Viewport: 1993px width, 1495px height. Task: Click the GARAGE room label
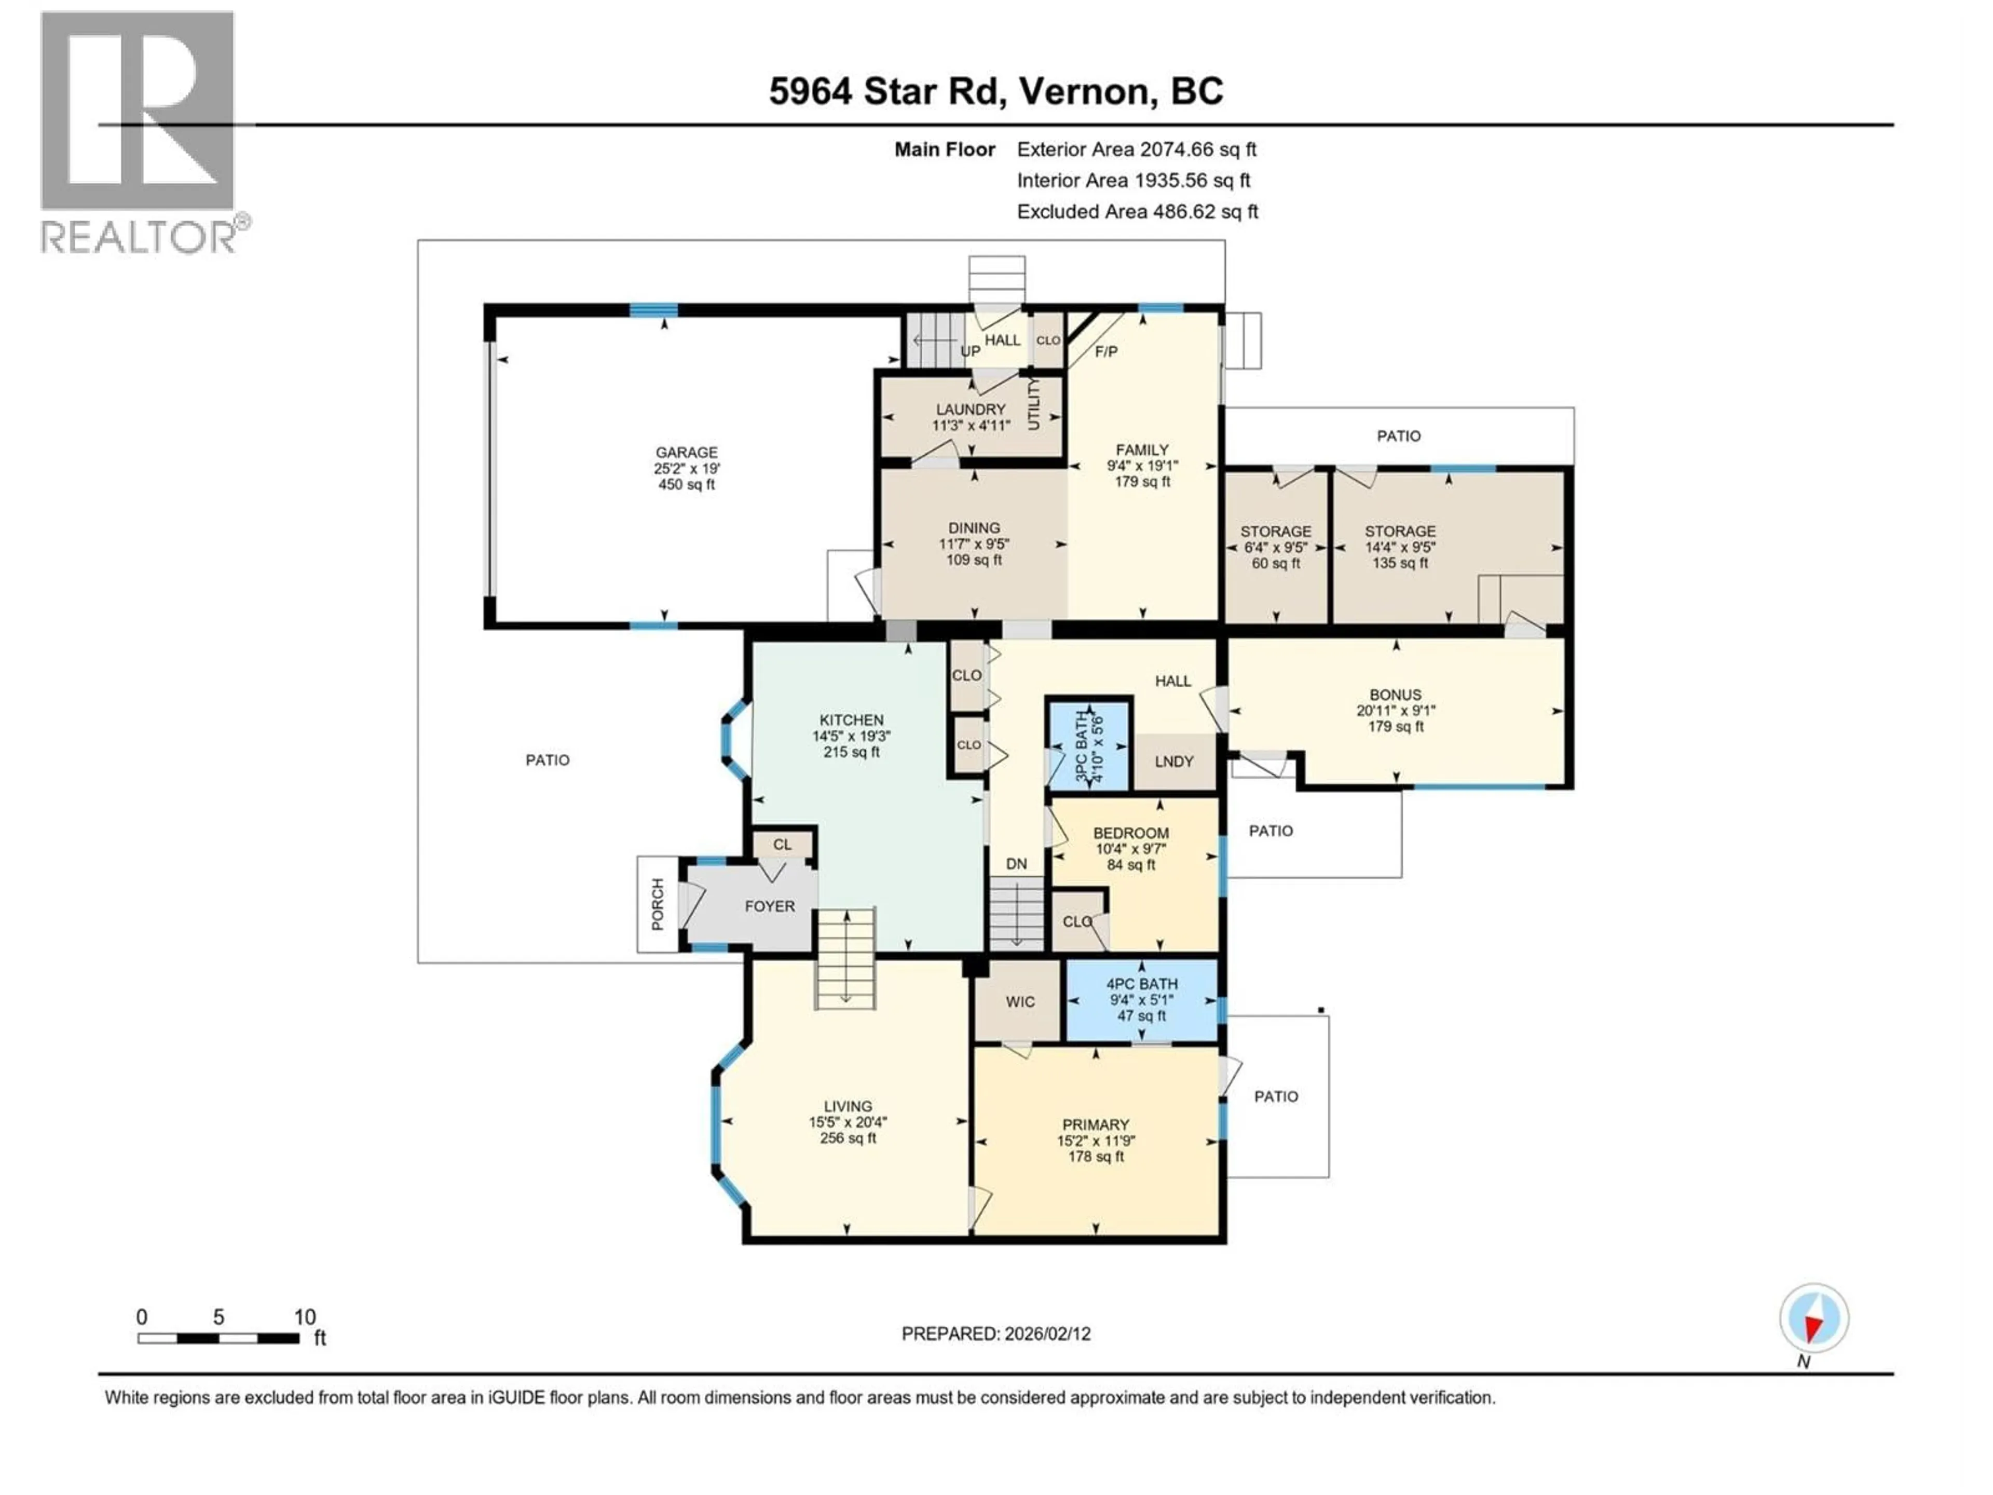687,452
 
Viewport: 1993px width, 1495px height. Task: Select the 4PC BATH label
1141,984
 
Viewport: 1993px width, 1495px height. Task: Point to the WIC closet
1020,1001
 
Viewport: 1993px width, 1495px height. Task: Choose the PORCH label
658,904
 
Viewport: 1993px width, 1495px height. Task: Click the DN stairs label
1016,863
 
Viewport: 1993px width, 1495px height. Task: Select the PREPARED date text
995,1334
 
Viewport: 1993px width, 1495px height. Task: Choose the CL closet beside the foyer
782,845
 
